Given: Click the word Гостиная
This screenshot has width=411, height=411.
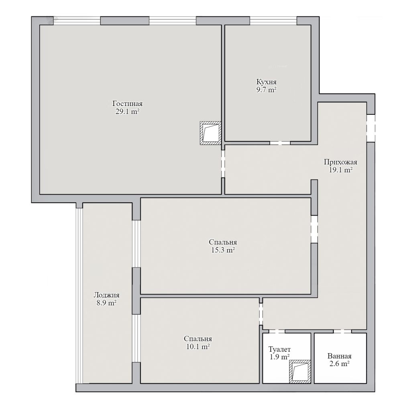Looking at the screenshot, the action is (127, 104).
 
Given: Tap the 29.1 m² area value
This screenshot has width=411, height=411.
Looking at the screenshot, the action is (127, 112).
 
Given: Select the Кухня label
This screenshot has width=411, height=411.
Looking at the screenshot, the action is (267, 82).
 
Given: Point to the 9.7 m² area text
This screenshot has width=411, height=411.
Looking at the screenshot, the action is (267, 90).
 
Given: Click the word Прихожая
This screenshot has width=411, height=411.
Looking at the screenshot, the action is (340, 162).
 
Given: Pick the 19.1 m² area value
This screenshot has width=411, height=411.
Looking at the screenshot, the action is (340, 170).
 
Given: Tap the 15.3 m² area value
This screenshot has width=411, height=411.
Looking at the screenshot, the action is (223, 250).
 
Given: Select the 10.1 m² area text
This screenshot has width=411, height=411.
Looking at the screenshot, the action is (198, 346).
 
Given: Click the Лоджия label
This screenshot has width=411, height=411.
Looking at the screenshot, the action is (106, 295).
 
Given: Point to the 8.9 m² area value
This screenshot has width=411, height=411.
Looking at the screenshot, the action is (106, 303).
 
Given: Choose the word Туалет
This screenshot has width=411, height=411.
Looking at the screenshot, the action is (279, 350).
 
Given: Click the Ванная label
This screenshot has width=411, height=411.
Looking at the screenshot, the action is (340, 356).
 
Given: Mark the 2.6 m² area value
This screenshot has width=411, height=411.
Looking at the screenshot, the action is (340, 364).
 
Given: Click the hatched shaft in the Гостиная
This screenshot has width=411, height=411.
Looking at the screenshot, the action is (210, 133).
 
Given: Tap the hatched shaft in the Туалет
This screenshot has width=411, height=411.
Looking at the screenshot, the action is (300, 372).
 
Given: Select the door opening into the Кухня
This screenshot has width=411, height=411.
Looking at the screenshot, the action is (280, 143).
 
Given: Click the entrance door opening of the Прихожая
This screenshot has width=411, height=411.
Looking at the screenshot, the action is (370, 128).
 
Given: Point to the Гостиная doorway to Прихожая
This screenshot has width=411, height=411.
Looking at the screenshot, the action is (223, 164).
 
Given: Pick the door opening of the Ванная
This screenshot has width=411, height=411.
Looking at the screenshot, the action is (342, 331).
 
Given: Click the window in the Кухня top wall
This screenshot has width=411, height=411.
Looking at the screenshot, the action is (273, 21).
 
